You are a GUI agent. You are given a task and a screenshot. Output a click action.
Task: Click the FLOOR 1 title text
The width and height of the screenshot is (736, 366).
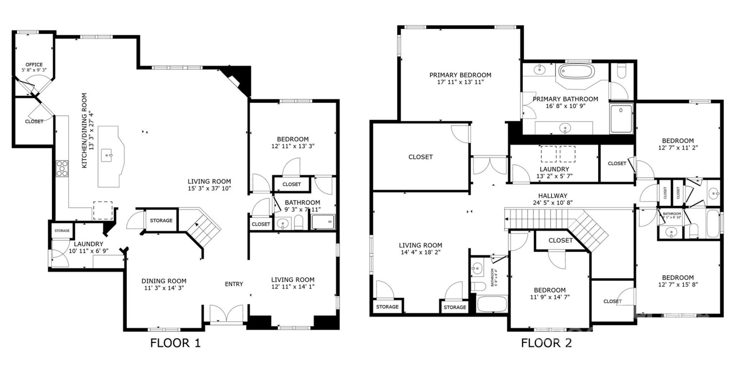click(x=175, y=343)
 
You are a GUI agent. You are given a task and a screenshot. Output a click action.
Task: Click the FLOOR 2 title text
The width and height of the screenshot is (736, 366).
click(x=546, y=343)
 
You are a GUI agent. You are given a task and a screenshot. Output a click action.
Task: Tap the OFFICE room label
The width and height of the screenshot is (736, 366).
click(x=34, y=64)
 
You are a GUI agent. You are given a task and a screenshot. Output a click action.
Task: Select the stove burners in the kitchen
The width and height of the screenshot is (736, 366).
click(x=62, y=169)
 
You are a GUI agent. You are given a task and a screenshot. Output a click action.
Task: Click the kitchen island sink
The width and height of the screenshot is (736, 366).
click(x=107, y=156)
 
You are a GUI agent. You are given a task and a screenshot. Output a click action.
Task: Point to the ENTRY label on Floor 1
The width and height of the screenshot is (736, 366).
click(x=234, y=284)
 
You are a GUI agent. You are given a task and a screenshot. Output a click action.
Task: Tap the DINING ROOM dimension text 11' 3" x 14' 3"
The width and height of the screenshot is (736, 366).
click(x=164, y=288)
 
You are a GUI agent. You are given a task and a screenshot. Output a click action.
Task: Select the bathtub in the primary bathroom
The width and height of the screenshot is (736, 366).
click(x=576, y=72)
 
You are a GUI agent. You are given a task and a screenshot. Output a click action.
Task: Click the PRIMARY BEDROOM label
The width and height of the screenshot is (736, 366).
click(x=460, y=75)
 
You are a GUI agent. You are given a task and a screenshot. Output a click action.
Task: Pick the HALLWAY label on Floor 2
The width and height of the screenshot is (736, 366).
click(x=552, y=195)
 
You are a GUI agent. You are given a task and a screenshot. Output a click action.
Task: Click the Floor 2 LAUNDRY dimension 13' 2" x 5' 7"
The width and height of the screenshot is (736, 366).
click(x=554, y=176)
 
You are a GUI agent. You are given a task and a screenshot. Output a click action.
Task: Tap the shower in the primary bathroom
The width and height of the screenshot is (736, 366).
click(x=621, y=119)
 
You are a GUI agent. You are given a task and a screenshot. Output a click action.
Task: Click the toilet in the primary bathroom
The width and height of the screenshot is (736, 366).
click(x=621, y=72)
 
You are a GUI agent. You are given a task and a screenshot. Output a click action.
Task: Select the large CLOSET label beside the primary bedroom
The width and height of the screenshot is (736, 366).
click(x=421, y=157)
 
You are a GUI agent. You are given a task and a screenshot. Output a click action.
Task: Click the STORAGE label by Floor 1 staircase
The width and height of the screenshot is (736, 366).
click(x=161, y=220)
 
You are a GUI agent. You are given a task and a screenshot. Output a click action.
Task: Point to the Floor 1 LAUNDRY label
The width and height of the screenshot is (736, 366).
click(x=89, y=244)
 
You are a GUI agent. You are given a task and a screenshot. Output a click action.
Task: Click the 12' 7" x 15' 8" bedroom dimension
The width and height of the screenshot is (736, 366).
click(x=677, y=284)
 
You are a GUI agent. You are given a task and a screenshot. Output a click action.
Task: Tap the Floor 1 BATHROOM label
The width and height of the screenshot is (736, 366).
click(x=302, y=202)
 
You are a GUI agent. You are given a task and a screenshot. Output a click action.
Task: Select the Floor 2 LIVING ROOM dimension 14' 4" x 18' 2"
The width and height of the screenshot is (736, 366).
click(x=421, y=252)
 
